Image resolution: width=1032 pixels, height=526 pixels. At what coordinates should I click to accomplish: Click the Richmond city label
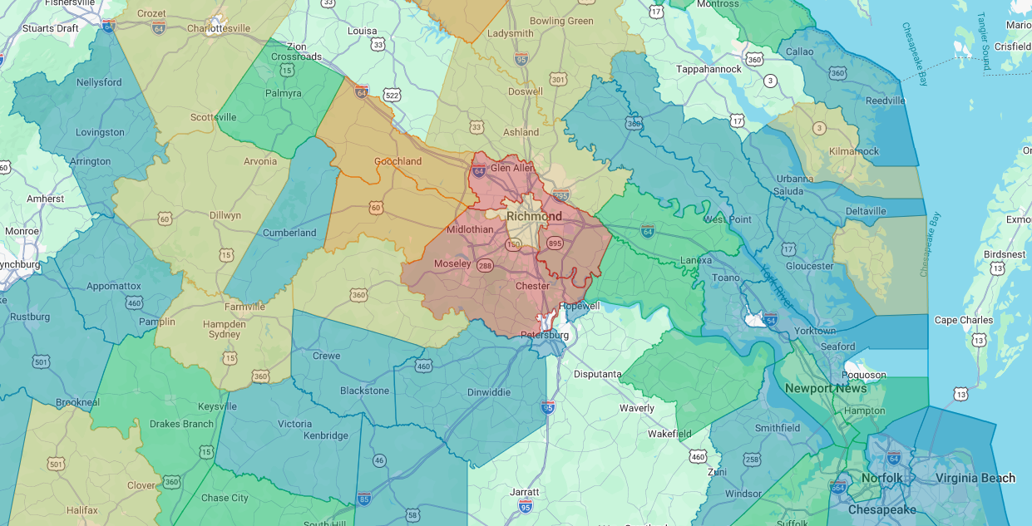point(534,216)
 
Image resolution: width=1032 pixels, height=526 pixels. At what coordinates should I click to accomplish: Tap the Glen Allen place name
point(512,168)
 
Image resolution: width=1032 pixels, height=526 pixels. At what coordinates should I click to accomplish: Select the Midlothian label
point(470,229)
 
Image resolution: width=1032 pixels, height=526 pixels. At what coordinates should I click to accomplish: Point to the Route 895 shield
point(555,243)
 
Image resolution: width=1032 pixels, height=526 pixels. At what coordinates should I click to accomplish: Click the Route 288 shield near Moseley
point(485,265)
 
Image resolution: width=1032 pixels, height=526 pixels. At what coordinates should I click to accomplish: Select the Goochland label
point(397,161)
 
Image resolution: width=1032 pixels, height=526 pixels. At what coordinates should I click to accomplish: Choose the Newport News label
point(825,388)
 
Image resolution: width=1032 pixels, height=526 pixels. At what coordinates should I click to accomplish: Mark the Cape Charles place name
point(963,320)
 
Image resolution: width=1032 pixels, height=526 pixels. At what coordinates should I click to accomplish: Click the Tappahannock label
point(707,69)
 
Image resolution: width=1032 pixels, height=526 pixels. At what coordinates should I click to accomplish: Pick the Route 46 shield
point(379,460)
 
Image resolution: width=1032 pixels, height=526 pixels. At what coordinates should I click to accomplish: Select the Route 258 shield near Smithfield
point(752,460)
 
